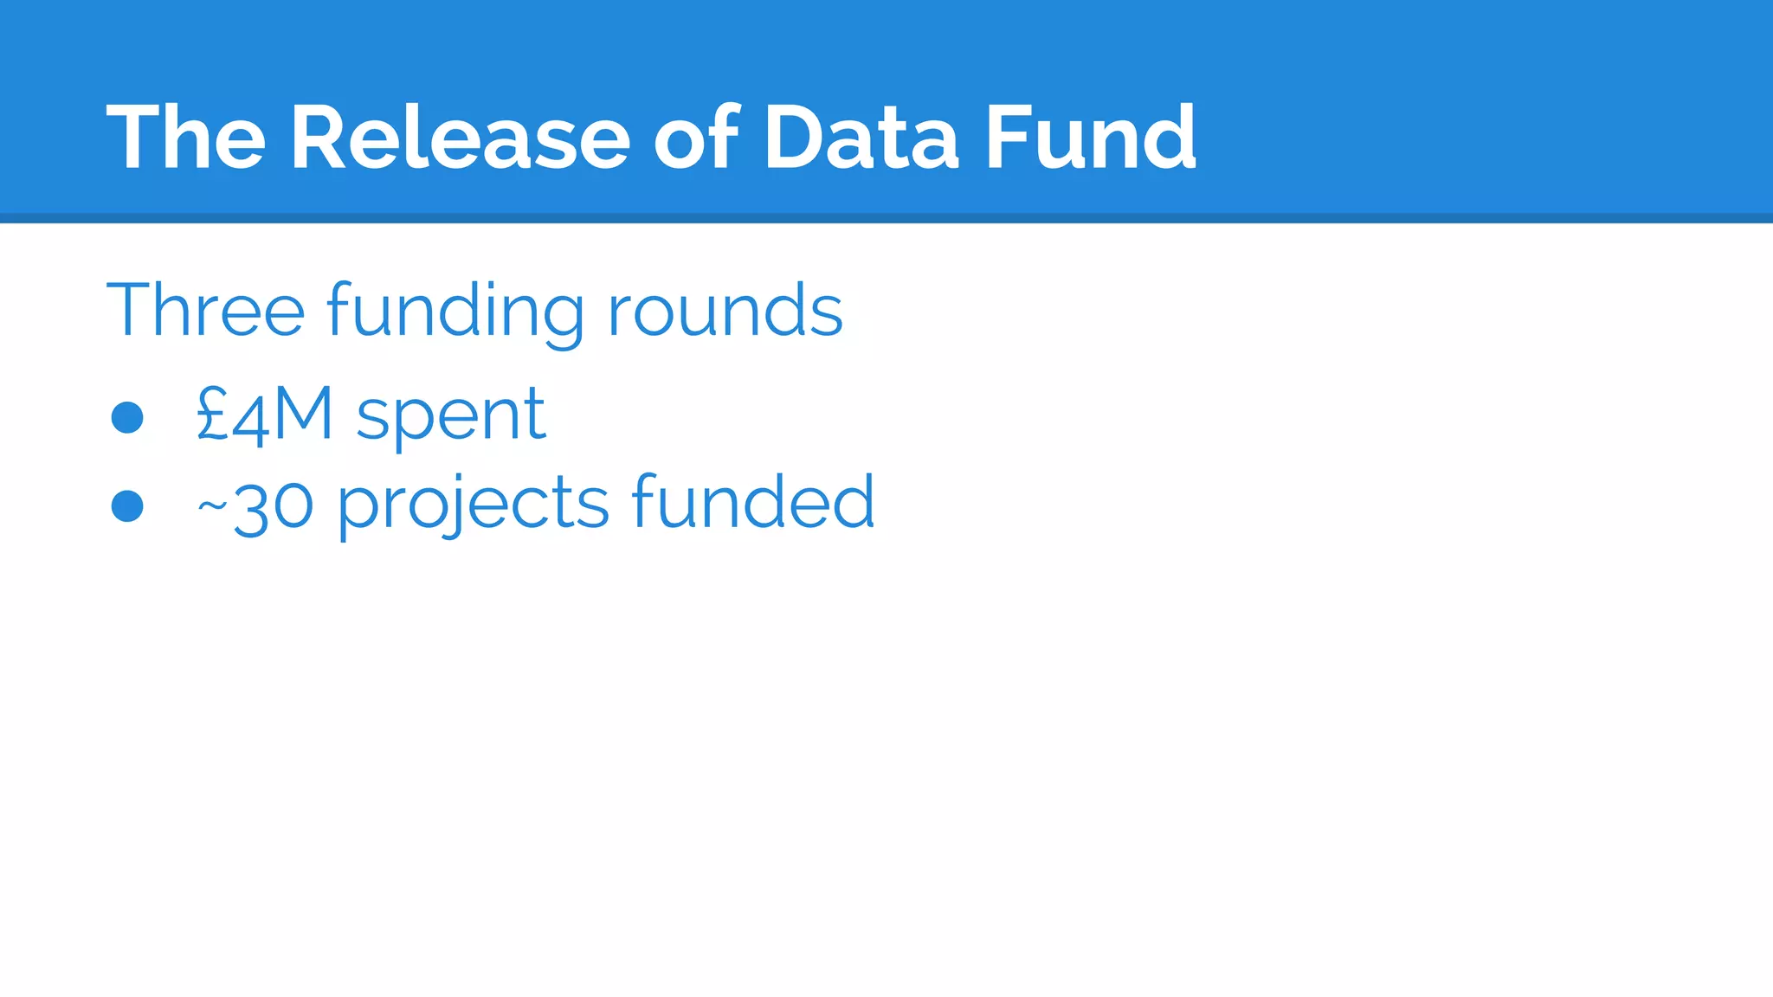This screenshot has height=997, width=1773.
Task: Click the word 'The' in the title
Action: point(185,138)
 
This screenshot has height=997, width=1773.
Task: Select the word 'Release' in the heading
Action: point(460,138)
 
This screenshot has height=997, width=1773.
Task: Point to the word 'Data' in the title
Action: point(861,138)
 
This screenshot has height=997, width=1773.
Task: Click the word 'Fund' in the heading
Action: point(1091,138)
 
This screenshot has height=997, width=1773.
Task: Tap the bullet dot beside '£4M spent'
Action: point(127,417)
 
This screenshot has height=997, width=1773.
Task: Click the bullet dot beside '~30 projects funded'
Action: point(127,506)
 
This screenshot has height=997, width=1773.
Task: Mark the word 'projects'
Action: point(473,506)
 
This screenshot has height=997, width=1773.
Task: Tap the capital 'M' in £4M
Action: point(302,415)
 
